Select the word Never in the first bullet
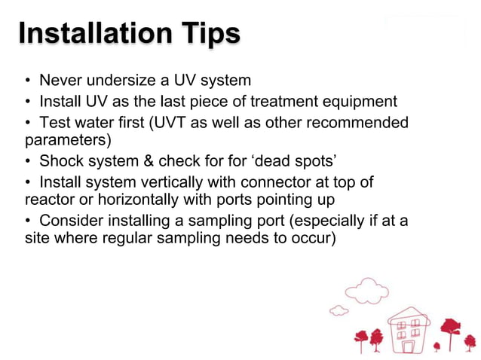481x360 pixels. tap(60, 81)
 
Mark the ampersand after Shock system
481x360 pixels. tap(140, 161)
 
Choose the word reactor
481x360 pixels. tap(47, 200)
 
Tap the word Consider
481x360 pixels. tap(71, 221)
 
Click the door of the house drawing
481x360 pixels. tap(408, 346)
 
